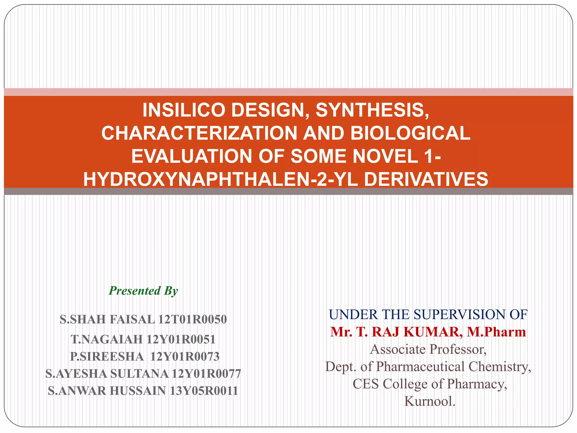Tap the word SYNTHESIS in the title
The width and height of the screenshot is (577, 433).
(x=372, y=110)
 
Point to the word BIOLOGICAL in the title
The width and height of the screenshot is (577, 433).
(x=410, y=133)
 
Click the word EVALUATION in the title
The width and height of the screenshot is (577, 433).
(x=192, y=156)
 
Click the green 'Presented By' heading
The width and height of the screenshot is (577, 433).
(x=143, y=291)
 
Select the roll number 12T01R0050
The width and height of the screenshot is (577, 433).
(x=192, y=319)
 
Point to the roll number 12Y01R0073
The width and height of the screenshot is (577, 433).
(x=185, y=357)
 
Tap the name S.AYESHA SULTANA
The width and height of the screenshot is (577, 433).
(x=107, y=374)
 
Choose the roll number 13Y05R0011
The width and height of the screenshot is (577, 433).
(x=204, y=391)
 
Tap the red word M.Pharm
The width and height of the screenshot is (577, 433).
(x=496, y=332)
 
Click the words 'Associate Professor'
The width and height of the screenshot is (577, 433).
(x=428, y=350)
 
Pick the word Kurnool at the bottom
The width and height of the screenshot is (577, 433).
(x=430, y=401)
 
